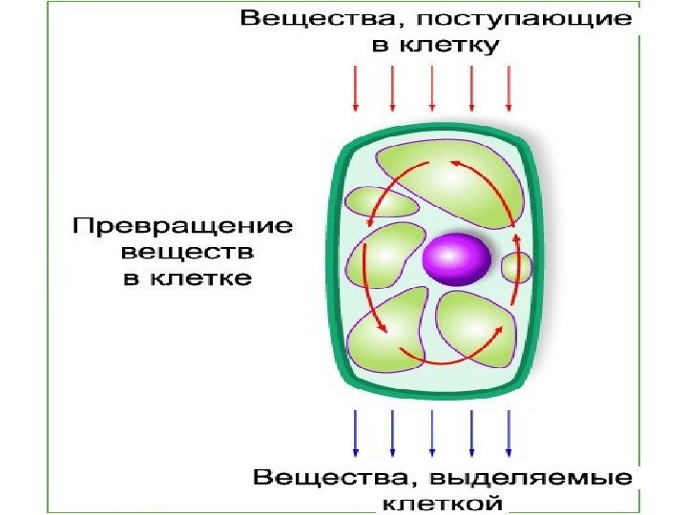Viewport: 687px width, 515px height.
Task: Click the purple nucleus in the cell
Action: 457,259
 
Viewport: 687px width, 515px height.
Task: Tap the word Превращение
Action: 182,227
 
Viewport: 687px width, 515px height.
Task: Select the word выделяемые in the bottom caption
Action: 534,476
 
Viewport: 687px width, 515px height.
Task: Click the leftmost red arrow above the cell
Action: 355,90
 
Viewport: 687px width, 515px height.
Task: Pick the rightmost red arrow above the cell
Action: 509,90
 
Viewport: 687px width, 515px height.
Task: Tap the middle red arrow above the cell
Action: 432,90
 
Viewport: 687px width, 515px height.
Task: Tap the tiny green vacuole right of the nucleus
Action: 517,267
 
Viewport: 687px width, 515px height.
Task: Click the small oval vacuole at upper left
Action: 378,201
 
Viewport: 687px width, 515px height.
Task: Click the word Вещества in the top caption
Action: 304,18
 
